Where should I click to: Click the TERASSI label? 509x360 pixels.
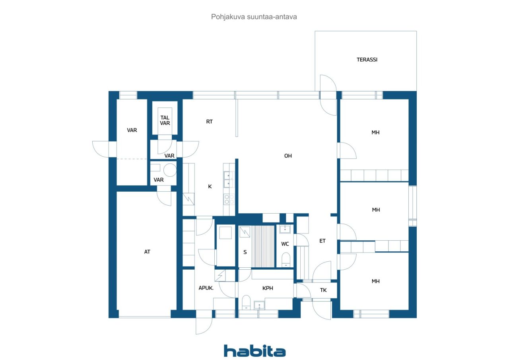point(367,60)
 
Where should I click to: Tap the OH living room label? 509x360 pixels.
point(288,156)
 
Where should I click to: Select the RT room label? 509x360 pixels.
point(210,122)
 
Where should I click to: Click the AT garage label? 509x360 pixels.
point(147,252)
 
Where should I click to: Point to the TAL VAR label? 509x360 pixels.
point(165,120)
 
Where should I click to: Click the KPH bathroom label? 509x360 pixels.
point(268,288)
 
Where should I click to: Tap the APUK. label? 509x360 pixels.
point(206,288)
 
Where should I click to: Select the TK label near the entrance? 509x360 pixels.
point(323,290)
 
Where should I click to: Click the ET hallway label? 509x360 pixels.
point(322,241)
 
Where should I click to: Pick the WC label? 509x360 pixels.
point(285,244)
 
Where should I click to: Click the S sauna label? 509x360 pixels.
point(245,252)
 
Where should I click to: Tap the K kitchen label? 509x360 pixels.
point(210,186)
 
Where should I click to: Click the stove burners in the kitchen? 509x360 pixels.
point(229,199)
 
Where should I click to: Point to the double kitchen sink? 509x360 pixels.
point(229,179)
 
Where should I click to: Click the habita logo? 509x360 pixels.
point(254,351)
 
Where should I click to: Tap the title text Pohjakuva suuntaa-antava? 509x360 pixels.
point(254,17)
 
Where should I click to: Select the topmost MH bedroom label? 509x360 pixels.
point(375,132)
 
